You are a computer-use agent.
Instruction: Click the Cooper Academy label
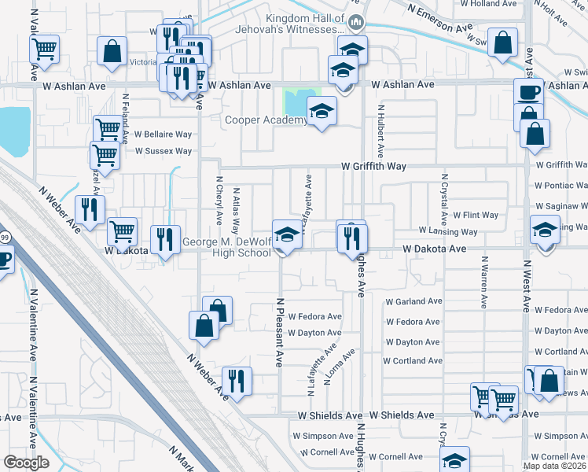coord(266,120)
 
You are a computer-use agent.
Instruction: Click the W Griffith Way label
coord(373,166)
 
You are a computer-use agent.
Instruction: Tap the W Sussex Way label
coord(164,151)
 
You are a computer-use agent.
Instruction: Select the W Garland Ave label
coord(413,301)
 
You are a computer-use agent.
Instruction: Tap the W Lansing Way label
coord(448,232)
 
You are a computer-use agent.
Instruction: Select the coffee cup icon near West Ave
coord(528,91)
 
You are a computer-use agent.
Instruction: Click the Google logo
coord(26,463)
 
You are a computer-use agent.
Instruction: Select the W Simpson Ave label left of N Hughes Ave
coord(323,436)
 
